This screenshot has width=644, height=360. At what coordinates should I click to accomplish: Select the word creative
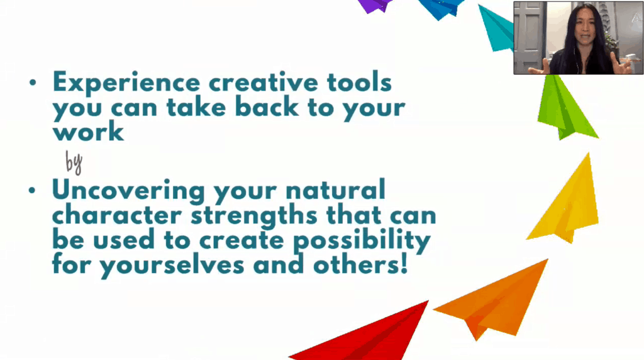click(264, 82)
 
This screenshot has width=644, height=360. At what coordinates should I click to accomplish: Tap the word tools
click(359, 82)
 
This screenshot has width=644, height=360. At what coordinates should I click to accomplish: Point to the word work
click(88, 132)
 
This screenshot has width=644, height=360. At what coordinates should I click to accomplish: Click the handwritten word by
click(74, 162)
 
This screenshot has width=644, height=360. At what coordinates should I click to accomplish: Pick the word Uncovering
click(128, 191)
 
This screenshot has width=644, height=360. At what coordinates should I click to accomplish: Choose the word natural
click(335, 189)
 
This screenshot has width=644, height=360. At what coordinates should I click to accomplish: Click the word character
click(116, 215)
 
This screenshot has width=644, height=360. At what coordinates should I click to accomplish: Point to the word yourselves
click(172, 266)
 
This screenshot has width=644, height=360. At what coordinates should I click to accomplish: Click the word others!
click(360, 265)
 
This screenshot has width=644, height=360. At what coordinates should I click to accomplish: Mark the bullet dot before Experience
click(33, 82)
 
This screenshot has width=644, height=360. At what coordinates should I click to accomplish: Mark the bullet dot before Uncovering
click(33, 190)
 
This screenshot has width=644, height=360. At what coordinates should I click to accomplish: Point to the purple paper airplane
click(375, 5)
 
